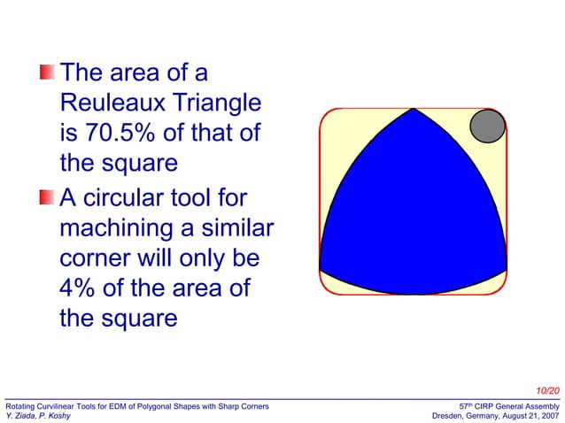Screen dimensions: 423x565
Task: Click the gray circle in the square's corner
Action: (486, 127)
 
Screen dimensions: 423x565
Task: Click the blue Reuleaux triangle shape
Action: (413, 221)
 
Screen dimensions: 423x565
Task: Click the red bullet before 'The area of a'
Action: (47, 72)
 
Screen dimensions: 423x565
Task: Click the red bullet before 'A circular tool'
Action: (47, 197)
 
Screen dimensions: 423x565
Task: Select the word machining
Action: (125, 227)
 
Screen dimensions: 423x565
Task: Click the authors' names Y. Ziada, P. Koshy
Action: (40, 416)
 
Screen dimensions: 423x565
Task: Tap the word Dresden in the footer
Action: (452, 416)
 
